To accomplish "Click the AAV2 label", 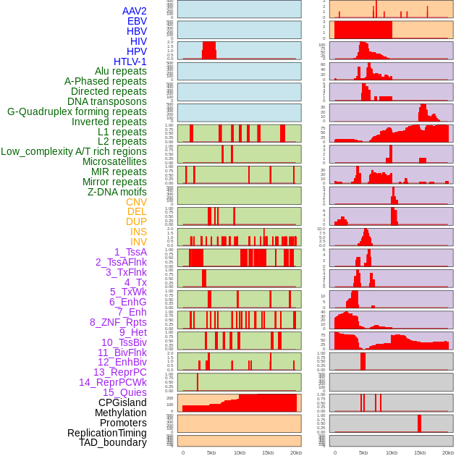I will (135, 11).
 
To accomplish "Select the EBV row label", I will (137, 21).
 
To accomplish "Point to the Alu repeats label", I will (121, 71).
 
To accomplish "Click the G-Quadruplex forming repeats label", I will (77, 111).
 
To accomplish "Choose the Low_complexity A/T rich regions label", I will (74, 151).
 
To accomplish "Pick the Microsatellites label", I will (114, 161).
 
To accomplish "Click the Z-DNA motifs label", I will (117, 192).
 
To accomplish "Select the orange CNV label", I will (136, 202).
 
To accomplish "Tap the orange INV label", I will (138, 242).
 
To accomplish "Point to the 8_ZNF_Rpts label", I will (118, 322).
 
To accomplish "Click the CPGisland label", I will (122, 402).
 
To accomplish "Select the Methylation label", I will (121, 413).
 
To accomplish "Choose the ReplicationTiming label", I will (106, 433).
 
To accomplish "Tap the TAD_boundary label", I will (113, 442).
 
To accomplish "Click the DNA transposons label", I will (107, 101).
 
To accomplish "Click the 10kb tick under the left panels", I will (240, 452).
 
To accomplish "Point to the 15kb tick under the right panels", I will (420, 452).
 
